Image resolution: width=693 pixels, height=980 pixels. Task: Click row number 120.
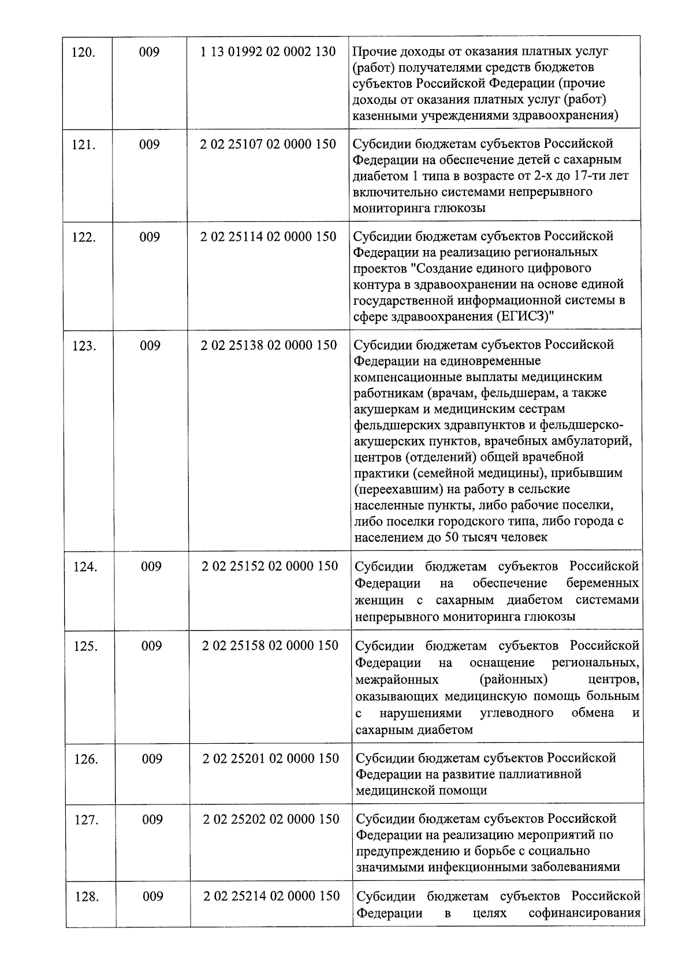[x=83, y=53]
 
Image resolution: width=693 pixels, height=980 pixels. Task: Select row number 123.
[x=84, y=346]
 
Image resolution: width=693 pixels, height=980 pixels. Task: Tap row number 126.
[x=85, y=759]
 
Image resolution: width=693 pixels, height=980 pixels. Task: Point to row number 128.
[x=87, y=896]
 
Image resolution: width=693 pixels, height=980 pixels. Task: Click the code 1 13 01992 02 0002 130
[x=268, y=52]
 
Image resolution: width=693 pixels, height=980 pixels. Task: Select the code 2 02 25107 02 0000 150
[x=269, y=144]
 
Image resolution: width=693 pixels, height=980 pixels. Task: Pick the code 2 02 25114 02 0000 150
[x=269, y=237]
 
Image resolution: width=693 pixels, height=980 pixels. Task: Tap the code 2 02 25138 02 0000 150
[x=269, y=345]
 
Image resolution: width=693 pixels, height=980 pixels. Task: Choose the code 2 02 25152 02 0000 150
[x=270, y=566]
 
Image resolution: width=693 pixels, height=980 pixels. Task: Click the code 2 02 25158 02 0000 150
[x=270, y=646]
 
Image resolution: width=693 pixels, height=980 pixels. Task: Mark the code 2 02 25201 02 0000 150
[x=271, y=758]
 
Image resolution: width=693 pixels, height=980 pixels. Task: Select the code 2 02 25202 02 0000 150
[x=271, y=819]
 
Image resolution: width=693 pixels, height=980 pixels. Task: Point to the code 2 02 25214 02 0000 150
[x=272, y=896]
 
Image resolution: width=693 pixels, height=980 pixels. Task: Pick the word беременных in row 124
[x=602, y=583]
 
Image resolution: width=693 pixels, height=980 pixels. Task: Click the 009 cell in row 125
[x=151, y=646]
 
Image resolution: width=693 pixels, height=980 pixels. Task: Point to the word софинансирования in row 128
[x=584, y=913]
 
